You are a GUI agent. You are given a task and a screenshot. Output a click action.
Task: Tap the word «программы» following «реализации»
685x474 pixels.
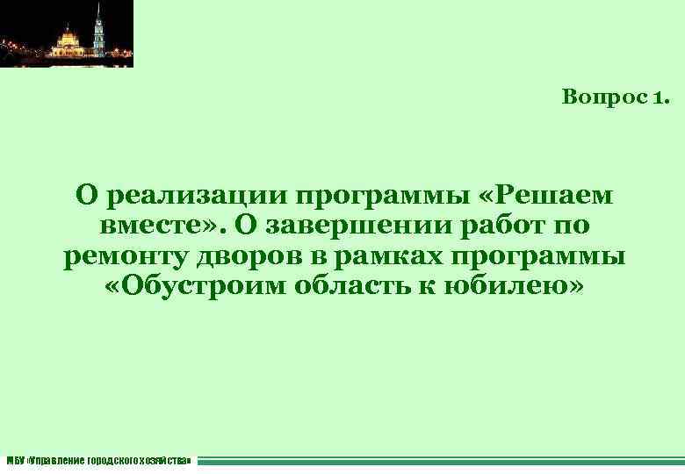point(368,195)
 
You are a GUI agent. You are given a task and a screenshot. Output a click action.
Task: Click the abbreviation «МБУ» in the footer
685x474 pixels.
point(15,460)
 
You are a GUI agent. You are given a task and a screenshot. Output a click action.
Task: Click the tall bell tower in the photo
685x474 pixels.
point(99,26)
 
